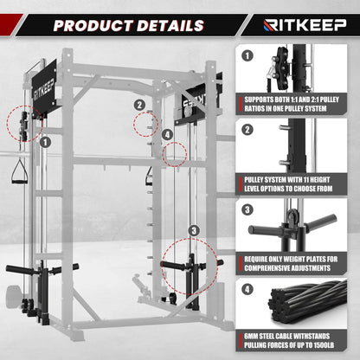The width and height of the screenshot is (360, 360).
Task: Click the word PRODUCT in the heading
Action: (93, 25)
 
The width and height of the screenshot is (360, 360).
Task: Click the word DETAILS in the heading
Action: (170, 25)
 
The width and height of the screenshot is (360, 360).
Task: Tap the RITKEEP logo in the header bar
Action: (305, 25)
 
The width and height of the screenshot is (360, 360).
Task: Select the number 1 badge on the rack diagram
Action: (45, 142)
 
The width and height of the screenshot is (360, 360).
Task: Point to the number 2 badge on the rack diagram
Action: (139, 105)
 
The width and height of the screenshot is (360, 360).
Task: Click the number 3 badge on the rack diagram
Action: (194, 230)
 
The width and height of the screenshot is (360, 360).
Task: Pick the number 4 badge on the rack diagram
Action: (167, 134)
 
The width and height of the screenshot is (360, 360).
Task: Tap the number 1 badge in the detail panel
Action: (247, 55)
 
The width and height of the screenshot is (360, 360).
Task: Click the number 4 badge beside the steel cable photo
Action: (247, 289)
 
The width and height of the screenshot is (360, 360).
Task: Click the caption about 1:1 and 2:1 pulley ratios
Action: (292, 104)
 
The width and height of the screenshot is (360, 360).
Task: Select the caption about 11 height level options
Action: (288, 184)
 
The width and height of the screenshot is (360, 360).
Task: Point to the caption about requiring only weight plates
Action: (291, 264)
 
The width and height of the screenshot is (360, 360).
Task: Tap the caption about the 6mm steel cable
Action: (289, 341)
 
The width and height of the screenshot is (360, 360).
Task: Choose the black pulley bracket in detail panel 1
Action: (282, 68)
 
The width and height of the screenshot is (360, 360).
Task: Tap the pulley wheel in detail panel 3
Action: (292, 216)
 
